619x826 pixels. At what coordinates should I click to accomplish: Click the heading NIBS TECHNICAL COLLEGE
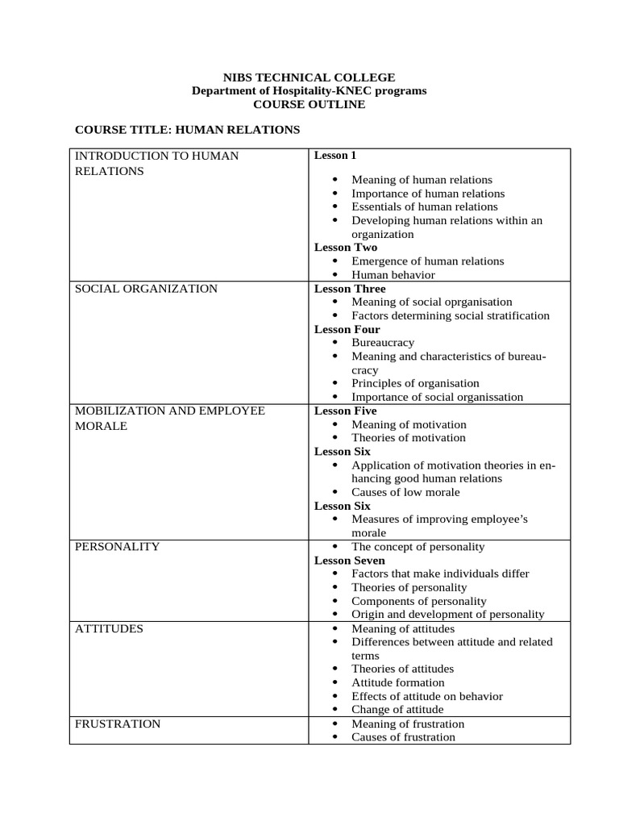[309, 77]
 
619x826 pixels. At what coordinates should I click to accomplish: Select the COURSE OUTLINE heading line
[309, 104]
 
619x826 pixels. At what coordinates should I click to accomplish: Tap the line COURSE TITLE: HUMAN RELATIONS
[187, 129]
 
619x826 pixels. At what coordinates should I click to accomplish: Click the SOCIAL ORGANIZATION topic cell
[146, 289]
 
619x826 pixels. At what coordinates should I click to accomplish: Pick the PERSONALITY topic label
[117, 547]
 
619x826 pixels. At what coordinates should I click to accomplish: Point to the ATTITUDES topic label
[109, 628]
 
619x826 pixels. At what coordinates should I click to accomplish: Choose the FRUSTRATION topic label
[118, 724]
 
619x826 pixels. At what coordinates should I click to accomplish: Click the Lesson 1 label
[335, 155]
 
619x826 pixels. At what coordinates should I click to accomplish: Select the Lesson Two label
[346, 248]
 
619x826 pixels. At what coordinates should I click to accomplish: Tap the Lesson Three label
[350, 289]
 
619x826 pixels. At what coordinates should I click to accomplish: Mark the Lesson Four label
[347, 329]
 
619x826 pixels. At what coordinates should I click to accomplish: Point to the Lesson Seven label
[350, 560]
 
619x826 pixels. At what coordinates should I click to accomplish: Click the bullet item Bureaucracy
[383, 343]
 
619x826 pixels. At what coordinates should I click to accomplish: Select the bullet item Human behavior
[393, 275]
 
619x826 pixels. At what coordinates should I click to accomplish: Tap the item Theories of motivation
[409, 438]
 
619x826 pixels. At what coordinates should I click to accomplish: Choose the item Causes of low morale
[406, 492]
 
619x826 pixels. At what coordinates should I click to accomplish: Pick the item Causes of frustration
[404, 737]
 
